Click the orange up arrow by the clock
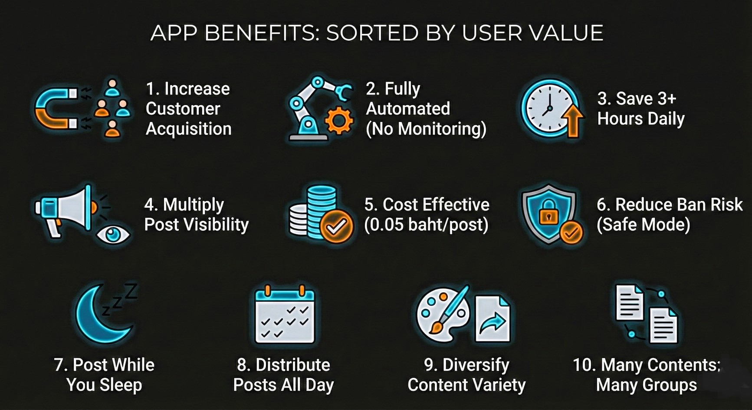pos(573,121)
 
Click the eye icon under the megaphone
pos(113,234)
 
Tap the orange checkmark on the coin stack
pos(336,226)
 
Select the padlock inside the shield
pos(548,212)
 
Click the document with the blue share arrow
pos(493,319)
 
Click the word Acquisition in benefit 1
pos(189,129)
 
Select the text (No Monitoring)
pos(426,129)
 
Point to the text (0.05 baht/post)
pos(426,225)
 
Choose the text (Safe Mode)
pos(643,225)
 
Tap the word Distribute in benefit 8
pos(293,365)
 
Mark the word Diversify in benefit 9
pos(476,365)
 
